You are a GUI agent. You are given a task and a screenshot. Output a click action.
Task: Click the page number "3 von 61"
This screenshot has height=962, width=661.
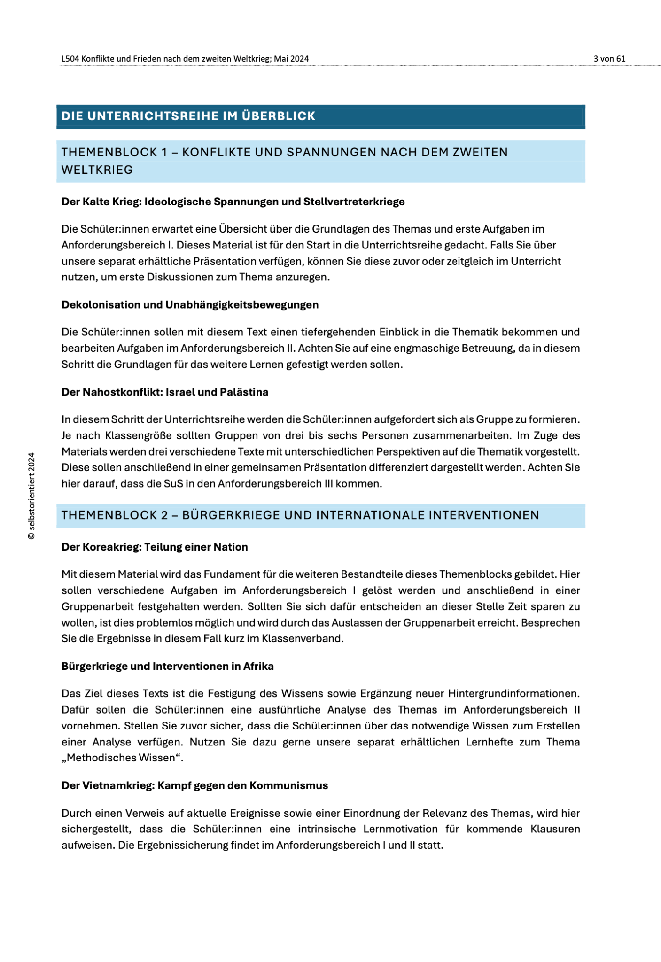(x=609, y=59)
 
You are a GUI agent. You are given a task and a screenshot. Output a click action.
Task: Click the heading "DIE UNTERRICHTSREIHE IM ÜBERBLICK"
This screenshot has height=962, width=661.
(x=188, y=116)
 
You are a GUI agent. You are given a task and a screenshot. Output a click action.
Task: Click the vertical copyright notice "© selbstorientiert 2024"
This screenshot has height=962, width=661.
(x=31, y=496)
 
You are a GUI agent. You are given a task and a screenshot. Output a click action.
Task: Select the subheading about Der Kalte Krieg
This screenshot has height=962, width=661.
(x=233, y=202)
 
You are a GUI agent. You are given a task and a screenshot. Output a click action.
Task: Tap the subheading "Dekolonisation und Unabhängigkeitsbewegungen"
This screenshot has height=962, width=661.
(x=190, y=305)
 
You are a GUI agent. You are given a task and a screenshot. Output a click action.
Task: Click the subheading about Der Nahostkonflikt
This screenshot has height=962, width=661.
(x=165, y=392)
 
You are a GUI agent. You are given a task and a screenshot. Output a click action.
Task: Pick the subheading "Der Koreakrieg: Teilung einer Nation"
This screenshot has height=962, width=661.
(x=155, y=547)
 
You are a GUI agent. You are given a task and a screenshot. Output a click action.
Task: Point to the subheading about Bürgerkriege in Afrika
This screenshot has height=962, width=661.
(x=167, y=666)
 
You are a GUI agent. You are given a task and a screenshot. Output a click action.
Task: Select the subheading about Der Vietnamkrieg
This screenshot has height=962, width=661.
(x=194, y=785)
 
